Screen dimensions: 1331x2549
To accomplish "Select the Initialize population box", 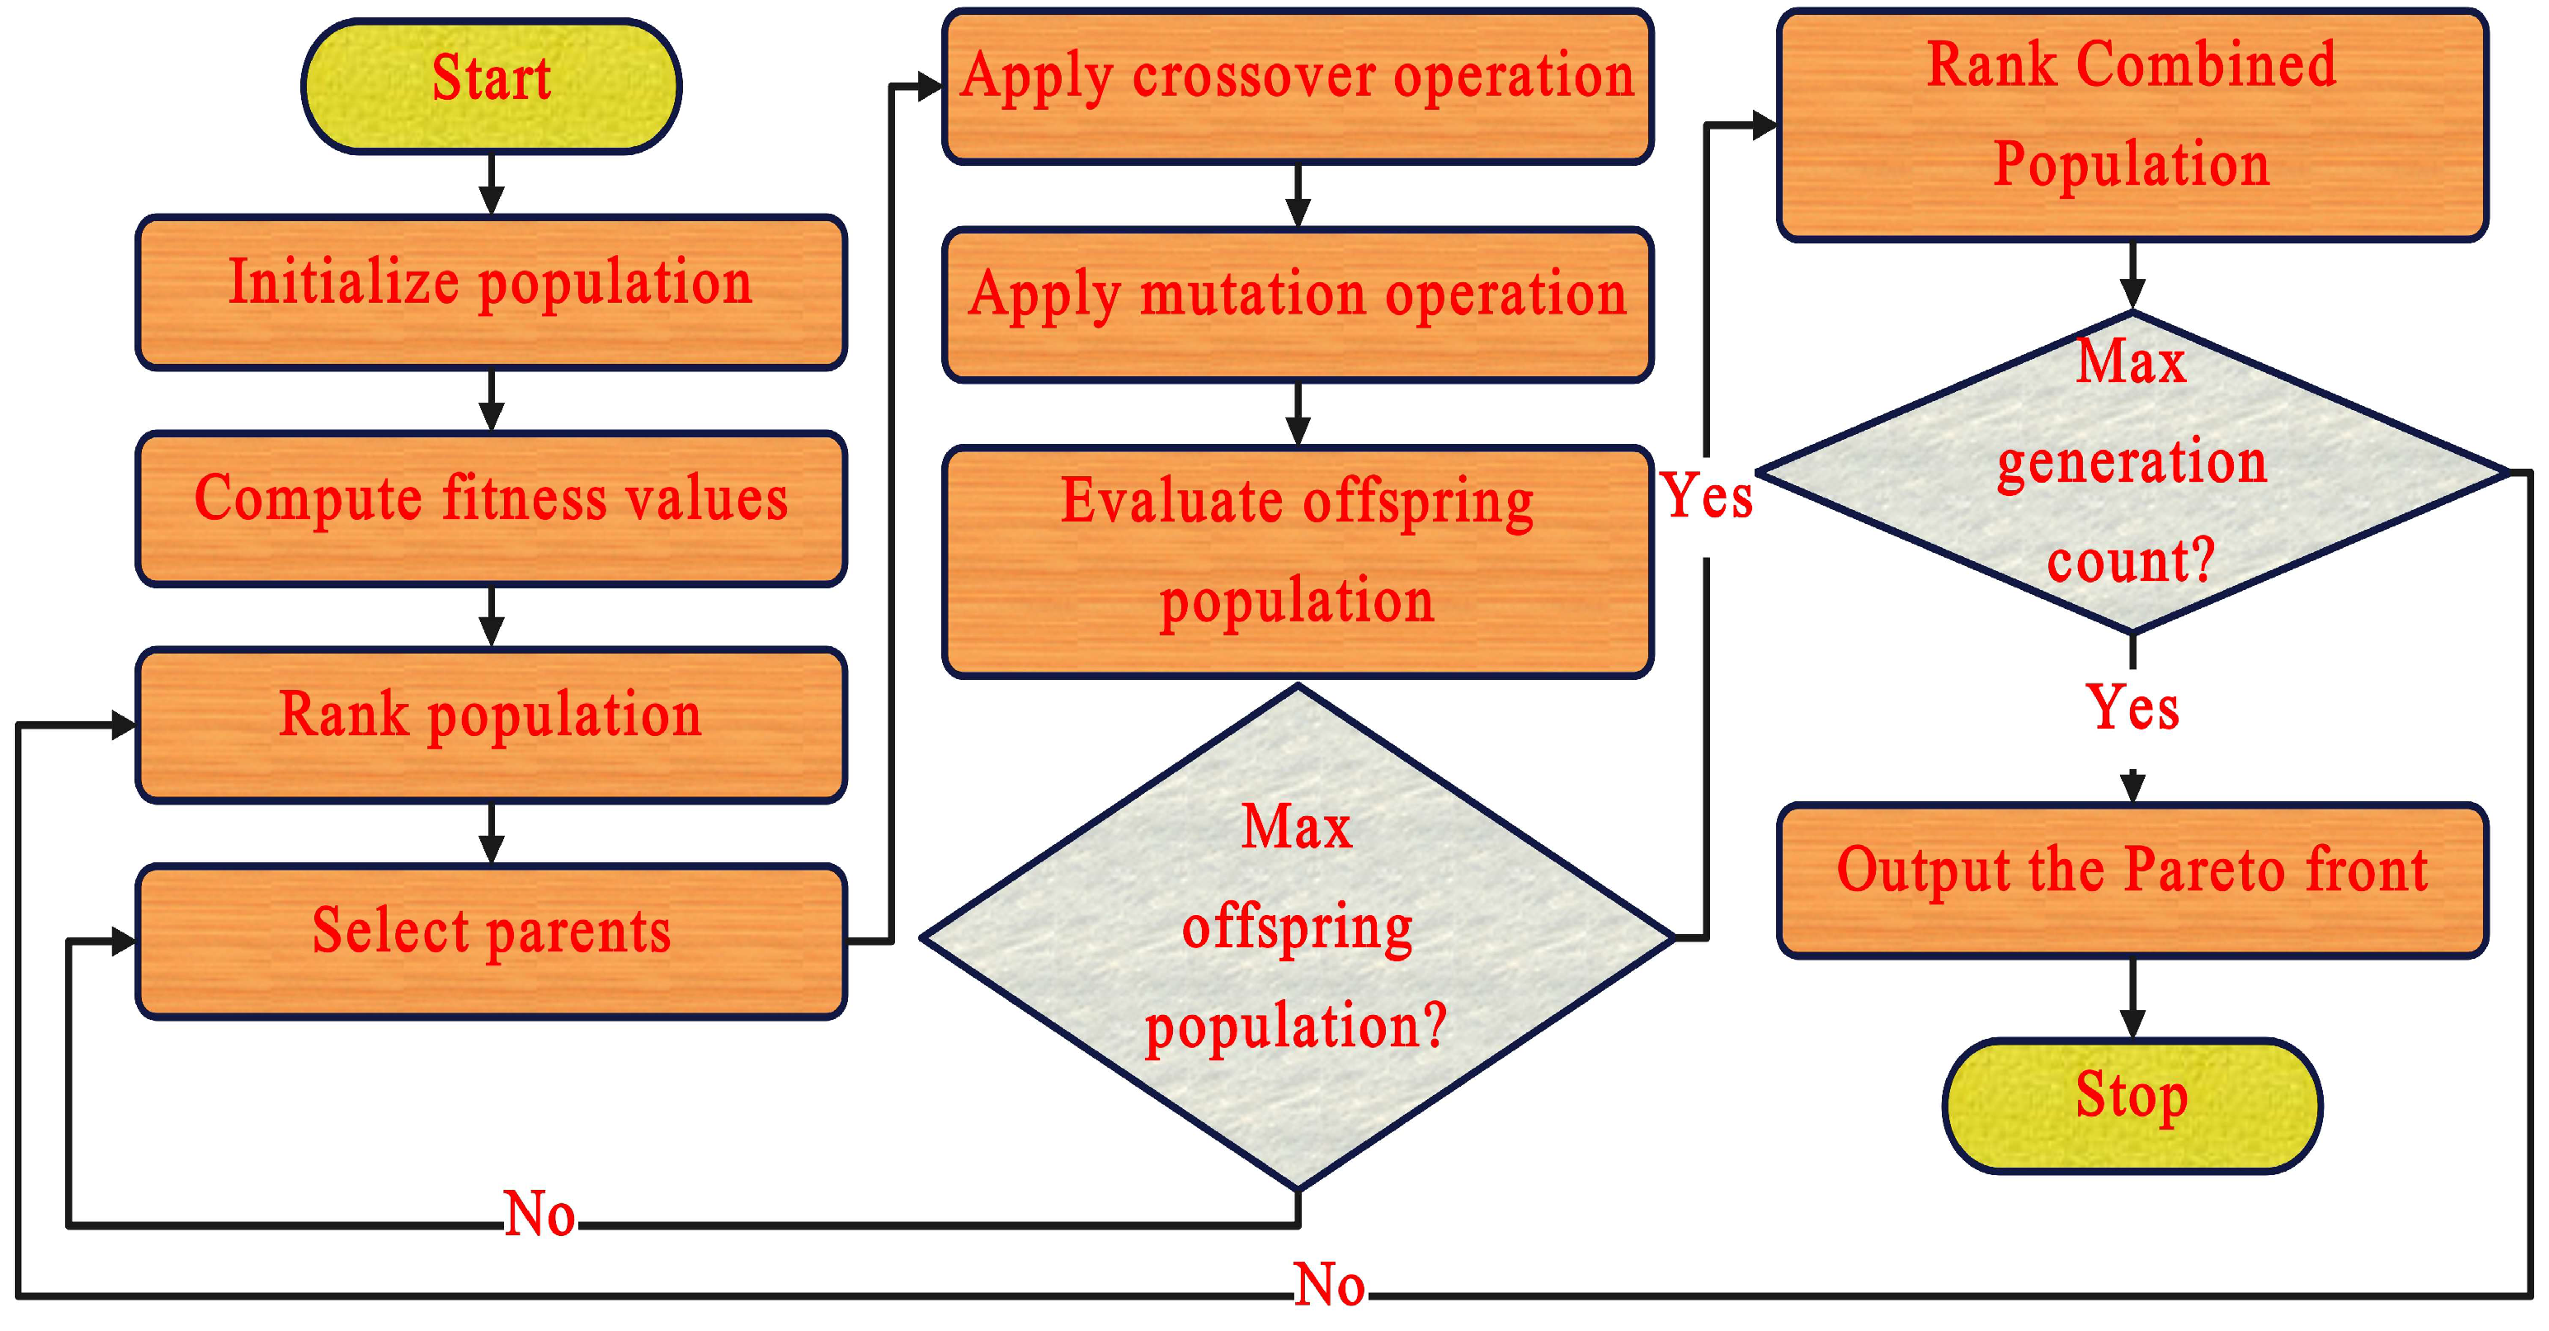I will pos(491,292).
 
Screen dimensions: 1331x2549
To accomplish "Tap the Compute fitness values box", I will pos(491,508).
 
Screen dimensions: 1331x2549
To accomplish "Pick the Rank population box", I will pos(491,724).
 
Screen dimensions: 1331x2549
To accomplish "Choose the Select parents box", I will pos(491,941).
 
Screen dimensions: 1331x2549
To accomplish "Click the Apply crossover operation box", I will pos(1298,86).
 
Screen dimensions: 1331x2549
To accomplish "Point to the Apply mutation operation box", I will pos(1298,304).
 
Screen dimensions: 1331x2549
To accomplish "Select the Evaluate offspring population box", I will pos(1298,561).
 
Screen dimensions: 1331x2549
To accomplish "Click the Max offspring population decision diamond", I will pos(1298,936).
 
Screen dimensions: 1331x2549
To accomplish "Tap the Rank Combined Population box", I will pos(2132,125).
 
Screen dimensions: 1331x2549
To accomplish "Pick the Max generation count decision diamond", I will pos(2132,472).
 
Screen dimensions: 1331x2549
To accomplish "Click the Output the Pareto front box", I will pos(2132,880).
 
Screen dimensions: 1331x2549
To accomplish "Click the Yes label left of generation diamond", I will pos(1706,496).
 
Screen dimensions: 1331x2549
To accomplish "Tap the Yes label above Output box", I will pos(2132,707).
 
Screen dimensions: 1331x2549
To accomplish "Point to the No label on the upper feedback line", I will pos(539,1214).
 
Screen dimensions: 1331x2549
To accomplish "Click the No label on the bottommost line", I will pos(1329,1286).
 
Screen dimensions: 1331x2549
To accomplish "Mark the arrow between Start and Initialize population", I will pos(491,185).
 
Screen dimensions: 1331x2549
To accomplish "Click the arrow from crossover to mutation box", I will pos(1298,196).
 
